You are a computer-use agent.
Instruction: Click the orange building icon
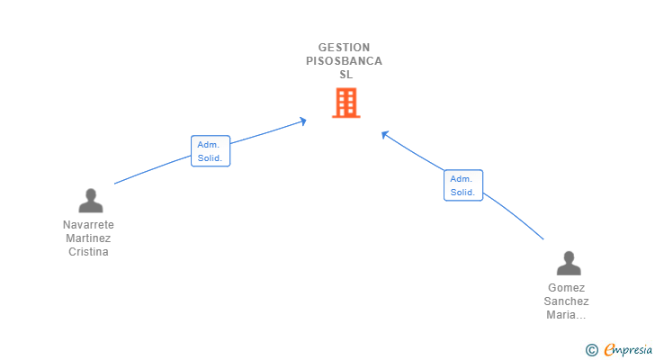345,103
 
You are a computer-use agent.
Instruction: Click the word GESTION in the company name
344,48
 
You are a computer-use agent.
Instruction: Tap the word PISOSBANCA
344,61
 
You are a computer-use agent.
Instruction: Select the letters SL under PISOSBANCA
345,75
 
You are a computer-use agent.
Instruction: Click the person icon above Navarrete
90,201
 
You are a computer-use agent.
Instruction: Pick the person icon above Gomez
568,264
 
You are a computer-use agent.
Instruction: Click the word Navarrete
88,225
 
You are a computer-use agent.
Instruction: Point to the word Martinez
88,238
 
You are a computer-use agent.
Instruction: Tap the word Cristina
88,252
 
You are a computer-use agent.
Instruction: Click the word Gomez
567,288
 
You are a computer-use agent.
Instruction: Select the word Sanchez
567,301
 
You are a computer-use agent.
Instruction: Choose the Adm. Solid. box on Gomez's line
463,185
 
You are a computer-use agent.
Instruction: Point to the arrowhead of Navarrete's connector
304,121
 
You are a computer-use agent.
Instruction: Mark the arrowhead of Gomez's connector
384,134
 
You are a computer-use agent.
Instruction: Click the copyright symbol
591,350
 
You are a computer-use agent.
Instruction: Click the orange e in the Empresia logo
610,350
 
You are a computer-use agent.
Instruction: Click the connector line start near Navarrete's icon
116,184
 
